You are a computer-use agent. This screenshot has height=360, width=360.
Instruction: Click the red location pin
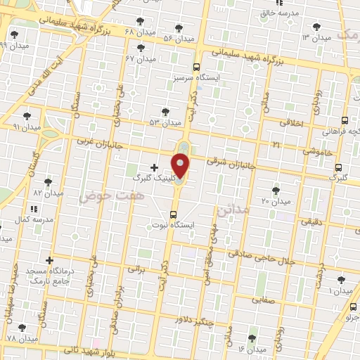[181, 166]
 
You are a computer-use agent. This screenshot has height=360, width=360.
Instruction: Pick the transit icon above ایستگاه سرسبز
[198, 65]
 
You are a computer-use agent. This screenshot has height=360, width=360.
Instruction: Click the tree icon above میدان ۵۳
[165, 111]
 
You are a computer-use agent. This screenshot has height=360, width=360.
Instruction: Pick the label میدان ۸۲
[48, 191]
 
